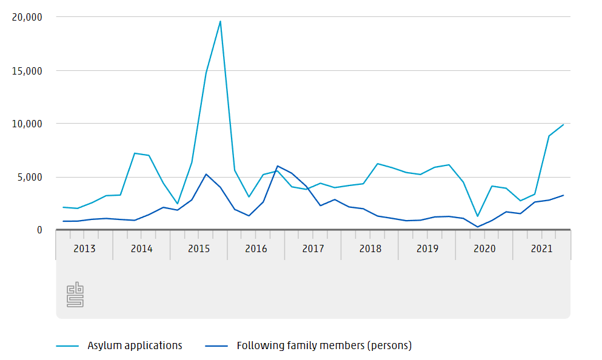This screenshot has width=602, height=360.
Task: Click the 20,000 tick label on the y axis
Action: pyautogui.click(x=27, y=18)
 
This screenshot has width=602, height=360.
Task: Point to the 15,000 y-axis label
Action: pyautogui.click(x=27, y=71)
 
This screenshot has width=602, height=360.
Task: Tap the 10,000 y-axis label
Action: pyautogui.click(x=27, y=124)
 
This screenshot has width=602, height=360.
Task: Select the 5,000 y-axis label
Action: pyautogui.click(x=30, y=177)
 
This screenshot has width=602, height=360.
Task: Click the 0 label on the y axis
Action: pyautogui.click(x=39, y=230)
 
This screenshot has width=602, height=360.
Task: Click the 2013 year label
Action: pyautogui.click(x=84, y=249)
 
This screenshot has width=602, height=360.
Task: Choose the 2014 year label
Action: pyautogui.click(x=141, y=249)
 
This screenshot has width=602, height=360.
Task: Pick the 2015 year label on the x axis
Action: pyautogui.click(x=199, y=249)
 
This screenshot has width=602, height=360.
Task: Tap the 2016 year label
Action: pyautogui.click(x=256, y=249)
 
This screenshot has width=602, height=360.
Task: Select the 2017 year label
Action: pyautogui.click(x=313, y=249)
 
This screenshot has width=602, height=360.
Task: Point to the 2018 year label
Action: pyautogui.click(x=370, y=249)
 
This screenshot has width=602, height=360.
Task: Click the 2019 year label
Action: pyautogui.click(x=427, y=249)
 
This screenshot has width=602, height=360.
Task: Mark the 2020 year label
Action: pyautogui.click(x=484, y=249)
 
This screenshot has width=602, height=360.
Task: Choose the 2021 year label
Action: pyautogui.click(x=541, y=249)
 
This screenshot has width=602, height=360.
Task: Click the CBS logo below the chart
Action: pyautogui.click(x=75, y=295)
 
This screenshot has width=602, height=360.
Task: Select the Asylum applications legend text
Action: pyautogui.click(x=135, y=346)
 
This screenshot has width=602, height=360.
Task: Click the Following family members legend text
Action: pyautogui.click(x=324, y=346)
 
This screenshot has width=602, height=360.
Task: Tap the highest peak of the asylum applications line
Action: pyautogui.click(x=220, y=21)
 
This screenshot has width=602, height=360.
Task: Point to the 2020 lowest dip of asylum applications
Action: pyautogui.click(x=478, y=216)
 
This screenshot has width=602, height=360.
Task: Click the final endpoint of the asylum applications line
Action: pyautogui.click(x=563, y=125)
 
